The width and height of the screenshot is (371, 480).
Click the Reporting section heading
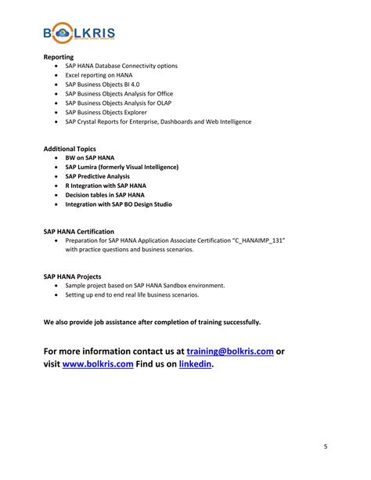pyautogui.click(x=58, y=57)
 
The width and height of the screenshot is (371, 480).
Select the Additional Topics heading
pyautogui.click(x=70, y=148)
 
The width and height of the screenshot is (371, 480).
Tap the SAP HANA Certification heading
pyautogui.click(x=79, y=232)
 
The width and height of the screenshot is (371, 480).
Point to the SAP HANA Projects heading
pyautogui.click(x=72, y=276)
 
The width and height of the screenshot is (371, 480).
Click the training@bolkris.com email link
pyautogui.click(x=230, y=351)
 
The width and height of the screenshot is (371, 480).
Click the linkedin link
pyautogui.click(x=195, y=364)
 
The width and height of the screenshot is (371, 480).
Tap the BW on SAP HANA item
pyautogui.click(x=90, y=157)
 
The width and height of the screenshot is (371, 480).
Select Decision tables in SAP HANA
pyautogui.click(x=105, y=195)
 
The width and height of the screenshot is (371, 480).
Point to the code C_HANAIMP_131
pyautogui.click(x=256, y=241)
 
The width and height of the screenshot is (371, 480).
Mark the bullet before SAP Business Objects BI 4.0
pyautogui.click(x=56, y=85)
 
